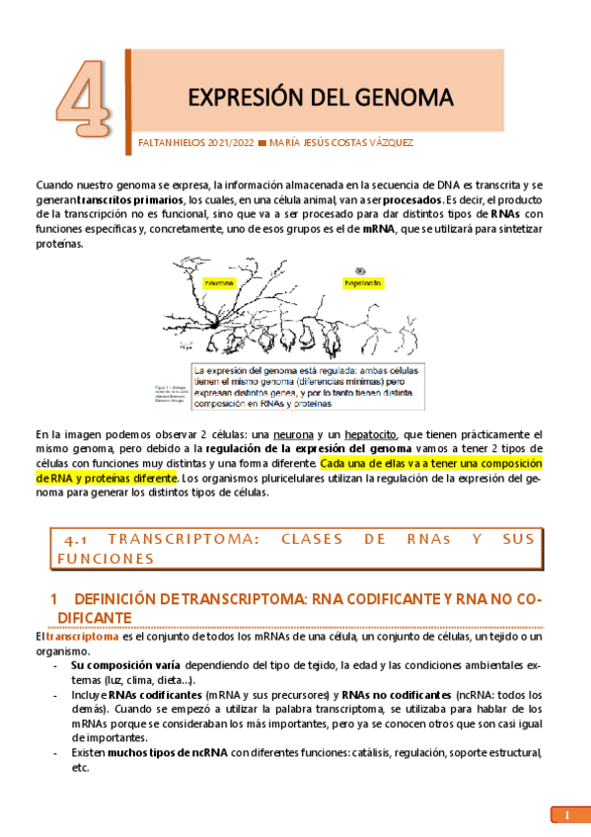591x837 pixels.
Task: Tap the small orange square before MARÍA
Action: [261, 143]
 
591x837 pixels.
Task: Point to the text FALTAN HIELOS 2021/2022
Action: [193, 143]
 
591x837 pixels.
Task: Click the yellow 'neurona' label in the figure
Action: [220, 283]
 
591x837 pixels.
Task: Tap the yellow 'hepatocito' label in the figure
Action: [363, 282]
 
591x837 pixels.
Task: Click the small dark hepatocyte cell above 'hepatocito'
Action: [359, 266]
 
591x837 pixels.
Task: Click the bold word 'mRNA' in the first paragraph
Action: [378, 228]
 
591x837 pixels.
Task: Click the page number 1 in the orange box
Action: [567, 815]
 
